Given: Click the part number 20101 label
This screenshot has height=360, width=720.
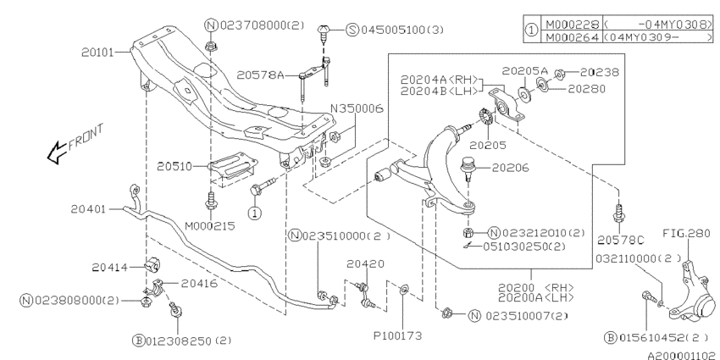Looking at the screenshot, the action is (x=97, y=53).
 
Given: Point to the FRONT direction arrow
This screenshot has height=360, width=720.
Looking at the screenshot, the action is (x=57, y=152).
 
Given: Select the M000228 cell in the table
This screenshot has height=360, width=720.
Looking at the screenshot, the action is (x=572, y=24).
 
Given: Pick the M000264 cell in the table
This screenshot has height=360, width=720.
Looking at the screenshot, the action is (x=572, y=36).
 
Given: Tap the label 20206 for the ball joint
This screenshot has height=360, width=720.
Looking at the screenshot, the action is (x=510, y=168).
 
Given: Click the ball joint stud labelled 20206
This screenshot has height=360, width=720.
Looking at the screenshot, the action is (x=467, y=169).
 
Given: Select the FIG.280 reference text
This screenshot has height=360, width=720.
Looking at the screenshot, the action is (x=685, y=234).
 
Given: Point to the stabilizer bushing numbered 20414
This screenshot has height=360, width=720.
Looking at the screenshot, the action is (x=151, y=267).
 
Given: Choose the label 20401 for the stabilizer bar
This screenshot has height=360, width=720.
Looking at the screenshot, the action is (x=88, y=209).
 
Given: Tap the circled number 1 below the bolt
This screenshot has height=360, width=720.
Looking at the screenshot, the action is (x=255, y=213).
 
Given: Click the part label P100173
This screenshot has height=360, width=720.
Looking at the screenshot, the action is (x=396, y=335).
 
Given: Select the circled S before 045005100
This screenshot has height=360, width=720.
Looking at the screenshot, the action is (x=352, y=30).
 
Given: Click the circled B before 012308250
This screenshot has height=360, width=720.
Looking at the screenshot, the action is (x=138, y=341).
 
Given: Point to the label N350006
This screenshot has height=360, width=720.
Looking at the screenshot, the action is (x=357, y=108).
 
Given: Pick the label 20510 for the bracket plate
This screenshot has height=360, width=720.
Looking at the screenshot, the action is (x=174, y=166).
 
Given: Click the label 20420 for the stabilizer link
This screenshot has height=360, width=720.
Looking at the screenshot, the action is (x=366, y=263).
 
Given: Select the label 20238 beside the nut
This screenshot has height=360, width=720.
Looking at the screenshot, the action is (x=599, y=72).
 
